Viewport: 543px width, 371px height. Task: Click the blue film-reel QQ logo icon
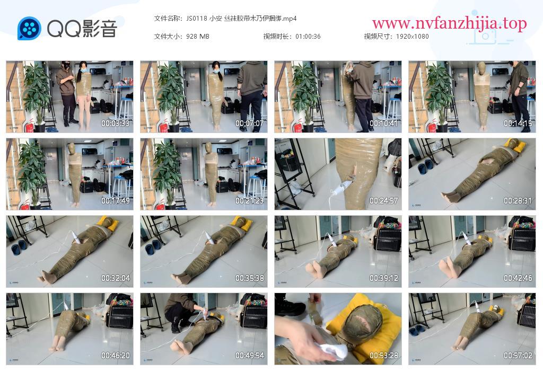pyautogui.click(x=29, y=29)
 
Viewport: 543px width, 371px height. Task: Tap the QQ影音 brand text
pyautogui.click(x=82, y=29)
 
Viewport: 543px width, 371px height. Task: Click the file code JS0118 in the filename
pyautogui.click(x=196, y=19)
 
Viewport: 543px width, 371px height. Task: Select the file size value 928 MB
pyautogui.click(x=197, y=37)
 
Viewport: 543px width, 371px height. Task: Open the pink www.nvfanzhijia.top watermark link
pyautogui.click(x=450, y=23)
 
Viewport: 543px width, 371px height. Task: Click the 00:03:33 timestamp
pyautogui.click(x=115, y=123)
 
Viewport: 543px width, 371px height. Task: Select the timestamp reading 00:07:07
pyautogui.click(x=250, y=123)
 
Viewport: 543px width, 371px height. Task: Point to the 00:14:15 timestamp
pyautogui.click(x=518, y=123)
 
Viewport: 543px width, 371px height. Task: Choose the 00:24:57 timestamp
pyautogui.click(x=384, y=201)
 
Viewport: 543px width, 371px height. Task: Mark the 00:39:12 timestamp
pyautogui.click(x=384, y=278)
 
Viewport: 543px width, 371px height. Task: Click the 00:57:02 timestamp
pyautogui.click(x=518, y=356)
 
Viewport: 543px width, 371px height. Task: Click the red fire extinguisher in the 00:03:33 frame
pyautogui.click(x=30, y=127)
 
